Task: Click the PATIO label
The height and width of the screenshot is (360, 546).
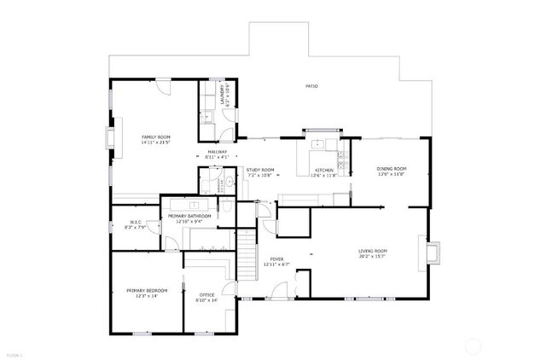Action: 312,86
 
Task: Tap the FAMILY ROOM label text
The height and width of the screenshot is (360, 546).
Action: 155,136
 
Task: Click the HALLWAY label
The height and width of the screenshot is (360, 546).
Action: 217,152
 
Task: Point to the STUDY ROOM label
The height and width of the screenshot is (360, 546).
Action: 260,170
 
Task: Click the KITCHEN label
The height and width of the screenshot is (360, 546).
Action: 324,170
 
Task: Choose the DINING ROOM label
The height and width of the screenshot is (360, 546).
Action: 392,169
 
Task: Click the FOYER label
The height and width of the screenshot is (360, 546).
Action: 277,259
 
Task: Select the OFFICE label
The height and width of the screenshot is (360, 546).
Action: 207,295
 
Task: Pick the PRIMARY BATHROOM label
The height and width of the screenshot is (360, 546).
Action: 189,216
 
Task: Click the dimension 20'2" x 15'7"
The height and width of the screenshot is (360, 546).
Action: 372,256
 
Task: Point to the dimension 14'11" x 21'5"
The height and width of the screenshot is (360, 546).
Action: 155,142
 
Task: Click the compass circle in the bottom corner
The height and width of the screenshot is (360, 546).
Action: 472,346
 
